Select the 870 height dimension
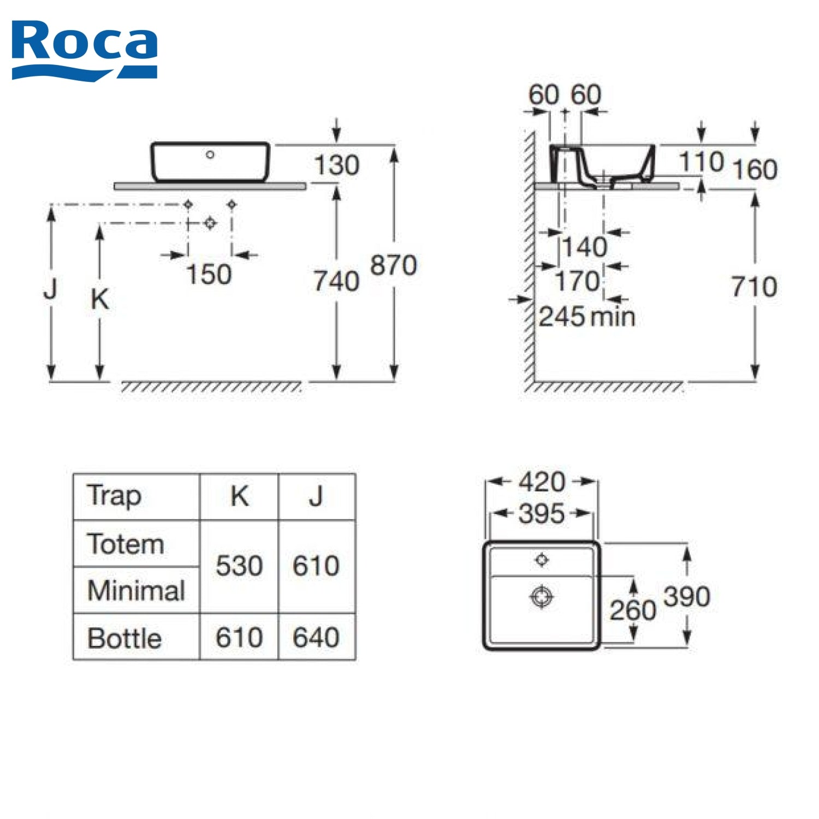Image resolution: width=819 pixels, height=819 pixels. [x=394, y=265]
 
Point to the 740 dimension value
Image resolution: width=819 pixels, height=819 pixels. [x=336, y=281]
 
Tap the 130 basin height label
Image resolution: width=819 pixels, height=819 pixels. [x=337, y=165]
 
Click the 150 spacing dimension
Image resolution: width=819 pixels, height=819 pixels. [x=209, y=274]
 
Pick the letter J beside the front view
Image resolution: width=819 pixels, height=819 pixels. [x=51, y=289]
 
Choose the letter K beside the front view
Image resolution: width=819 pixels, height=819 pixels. [x=100, y=299]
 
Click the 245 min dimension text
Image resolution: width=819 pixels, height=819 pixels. [x=587, y=317]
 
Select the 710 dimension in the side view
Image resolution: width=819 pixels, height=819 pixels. [x=754, y=287]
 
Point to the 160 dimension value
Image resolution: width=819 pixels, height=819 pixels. [x=755, y=169]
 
